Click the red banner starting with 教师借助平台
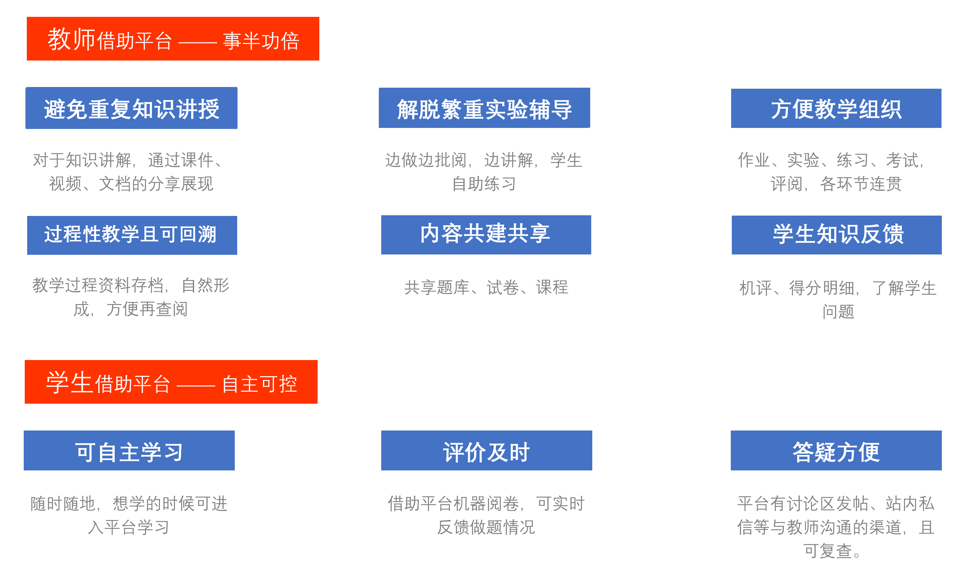[x=173, y=39]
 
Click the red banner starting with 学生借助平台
[x=171, y=382]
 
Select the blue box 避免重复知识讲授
[x=131, y=108]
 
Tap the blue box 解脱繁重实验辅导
[x=485, y=108]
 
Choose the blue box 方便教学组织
[x=836, y=108]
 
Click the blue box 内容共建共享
[x=486, y=235]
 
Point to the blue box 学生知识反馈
[x=837, y=235]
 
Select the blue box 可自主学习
[x=129, y=450]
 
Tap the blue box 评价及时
[x=486, y=450]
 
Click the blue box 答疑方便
[x=836, y=450]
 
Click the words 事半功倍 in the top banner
[x=261, y=41]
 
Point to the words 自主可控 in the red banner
[x=260, y=384]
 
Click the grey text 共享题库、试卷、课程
[x=486, y=287]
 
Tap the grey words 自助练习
[x=484, y=184]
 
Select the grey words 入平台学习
[x=128, y=527]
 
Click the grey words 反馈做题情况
[x=486, y=527]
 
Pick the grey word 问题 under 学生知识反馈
[x=838, y=312]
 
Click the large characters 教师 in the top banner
[x=71, y=39]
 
